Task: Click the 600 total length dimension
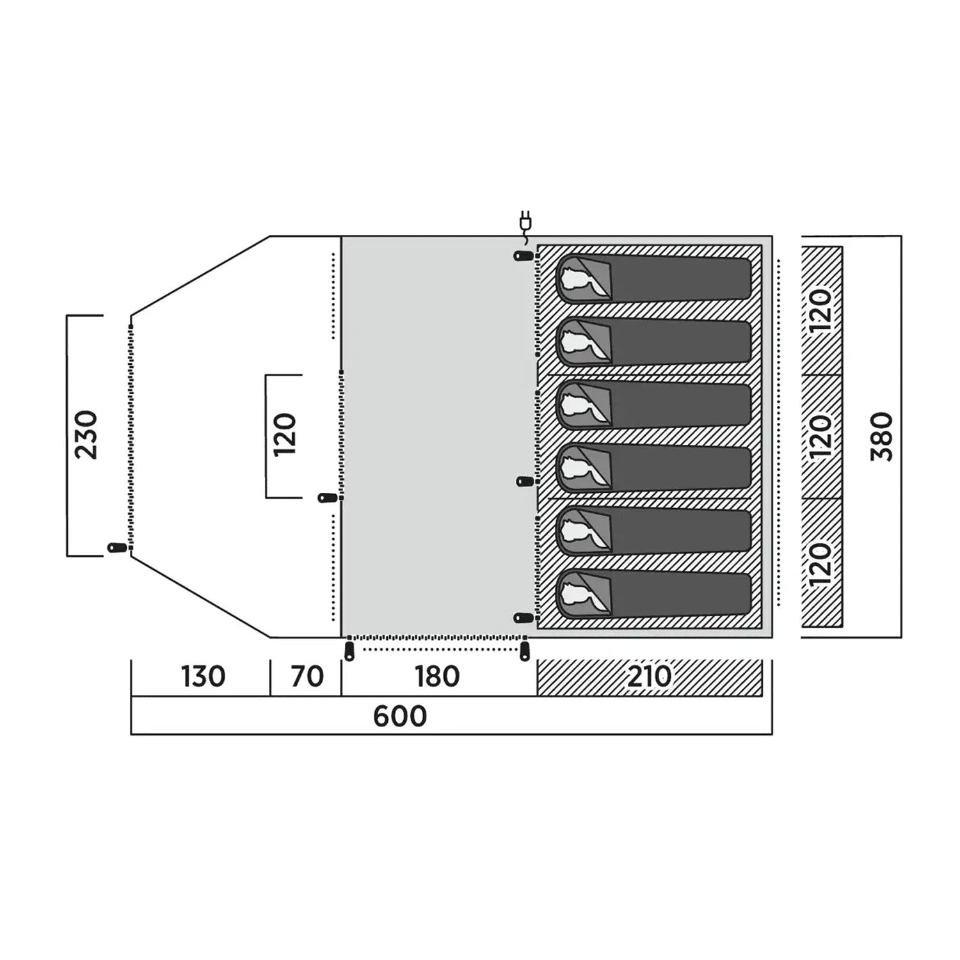point(400,716)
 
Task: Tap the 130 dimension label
point(203,676)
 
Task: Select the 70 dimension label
point(307,676)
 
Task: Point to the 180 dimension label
point(437,676)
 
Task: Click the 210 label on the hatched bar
point(649,676)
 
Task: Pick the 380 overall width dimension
point(881,437)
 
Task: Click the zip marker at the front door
point(117,548)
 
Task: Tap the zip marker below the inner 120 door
point(328,497)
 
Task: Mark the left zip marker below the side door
point(349,652)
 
